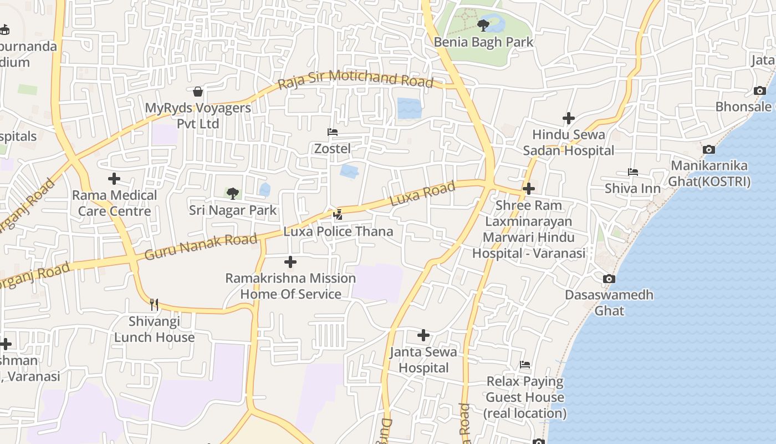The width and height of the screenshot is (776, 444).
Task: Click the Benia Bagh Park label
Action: (x=483, y=42)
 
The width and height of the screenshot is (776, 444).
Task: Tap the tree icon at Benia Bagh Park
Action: (x=483, y=25)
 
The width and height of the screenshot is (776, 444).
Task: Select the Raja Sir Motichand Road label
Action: (x=355, y=79)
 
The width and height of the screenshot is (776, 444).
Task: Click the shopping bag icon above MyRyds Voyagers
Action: (x=198, y=92)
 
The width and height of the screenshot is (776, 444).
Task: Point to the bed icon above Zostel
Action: (x=333, y=132)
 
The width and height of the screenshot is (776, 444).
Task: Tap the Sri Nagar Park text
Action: (x=233, y=210)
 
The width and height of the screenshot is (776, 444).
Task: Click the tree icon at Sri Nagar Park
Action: (x=233, y=194)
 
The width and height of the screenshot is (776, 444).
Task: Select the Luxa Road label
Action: (x=423, y=194)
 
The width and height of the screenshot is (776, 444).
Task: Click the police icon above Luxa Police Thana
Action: (x=338, y=215)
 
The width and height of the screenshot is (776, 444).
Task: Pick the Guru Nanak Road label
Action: (x=201, y=247)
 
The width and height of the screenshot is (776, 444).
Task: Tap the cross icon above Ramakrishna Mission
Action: (x=290, y=262)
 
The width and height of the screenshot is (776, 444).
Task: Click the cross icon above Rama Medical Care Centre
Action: (x=114, y=179)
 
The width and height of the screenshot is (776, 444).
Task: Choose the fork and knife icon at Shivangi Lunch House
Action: (x=154, y=304)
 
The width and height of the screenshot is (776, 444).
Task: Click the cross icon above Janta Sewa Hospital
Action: (x=423, y=335)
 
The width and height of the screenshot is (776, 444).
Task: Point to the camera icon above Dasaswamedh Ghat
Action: (x=609, y=279)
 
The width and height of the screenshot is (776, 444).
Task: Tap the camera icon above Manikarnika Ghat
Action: (x=708, y=149)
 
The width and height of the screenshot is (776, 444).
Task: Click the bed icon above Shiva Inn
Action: (x=632, y=172)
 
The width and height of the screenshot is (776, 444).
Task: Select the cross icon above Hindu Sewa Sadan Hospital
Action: (x=569, y=118)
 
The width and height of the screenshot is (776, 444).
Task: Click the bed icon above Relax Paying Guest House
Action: (x=525, y=365)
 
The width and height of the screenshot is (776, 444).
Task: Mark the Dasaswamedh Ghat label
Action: (x=609, y=302)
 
